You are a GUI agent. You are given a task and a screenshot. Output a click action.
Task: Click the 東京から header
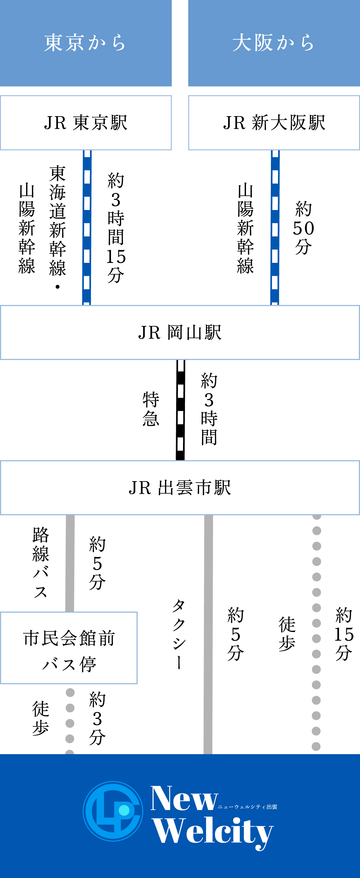click(86, 43)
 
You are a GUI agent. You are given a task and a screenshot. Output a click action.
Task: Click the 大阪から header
click(274, 43)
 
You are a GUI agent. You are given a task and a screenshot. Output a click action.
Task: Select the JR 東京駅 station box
click(86, 123)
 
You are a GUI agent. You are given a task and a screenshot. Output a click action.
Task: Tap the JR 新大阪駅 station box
click(274, 123)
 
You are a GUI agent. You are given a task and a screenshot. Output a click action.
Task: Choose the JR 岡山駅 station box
click(180, 332)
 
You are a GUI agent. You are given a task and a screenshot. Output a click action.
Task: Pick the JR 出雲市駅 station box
click(180, 488)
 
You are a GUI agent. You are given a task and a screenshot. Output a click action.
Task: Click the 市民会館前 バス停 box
click(69, 648)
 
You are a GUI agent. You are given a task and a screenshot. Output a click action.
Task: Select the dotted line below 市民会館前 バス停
click(70, 716)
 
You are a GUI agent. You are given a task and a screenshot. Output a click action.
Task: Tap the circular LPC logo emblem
click(113, 811)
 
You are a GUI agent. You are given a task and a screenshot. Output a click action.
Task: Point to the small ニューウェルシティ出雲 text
click(247, 807)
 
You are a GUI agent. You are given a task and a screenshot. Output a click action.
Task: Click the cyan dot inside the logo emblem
click(124, 810)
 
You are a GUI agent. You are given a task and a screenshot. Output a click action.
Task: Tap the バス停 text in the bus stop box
click(69, 664)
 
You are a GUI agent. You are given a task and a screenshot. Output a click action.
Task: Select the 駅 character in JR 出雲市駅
click(223, 488)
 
